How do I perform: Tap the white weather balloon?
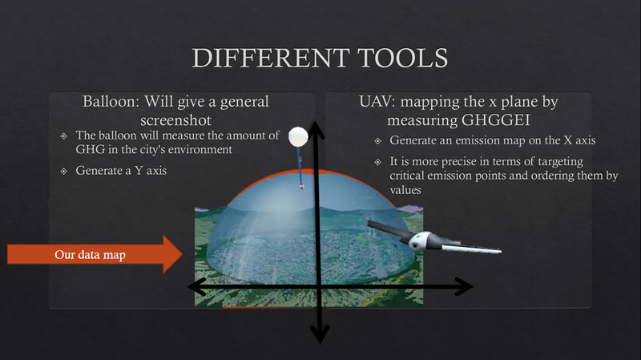click(x=299, y=137)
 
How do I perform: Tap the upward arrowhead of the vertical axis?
click(x=318, y=127)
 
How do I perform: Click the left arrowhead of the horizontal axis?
click(x=196, y=285)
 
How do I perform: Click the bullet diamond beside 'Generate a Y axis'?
click(x=64, y=171)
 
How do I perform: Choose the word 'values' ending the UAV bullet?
click(x=407, y=191)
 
